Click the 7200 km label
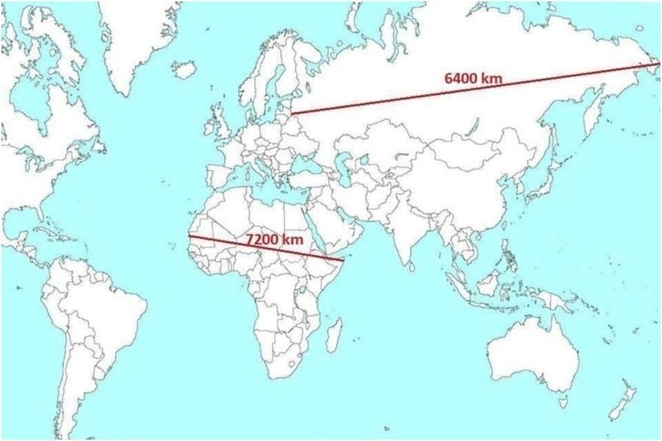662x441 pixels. pyautogui.click(x=276, y=239)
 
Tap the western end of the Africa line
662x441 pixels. pyautogui.click(x=189, y=236)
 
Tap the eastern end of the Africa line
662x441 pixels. pyautogui.click(x=343, y=261)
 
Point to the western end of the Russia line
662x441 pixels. pyautogui.click(x=292, y=114)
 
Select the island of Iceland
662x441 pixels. pyautogui.click(x=184, y=69)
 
